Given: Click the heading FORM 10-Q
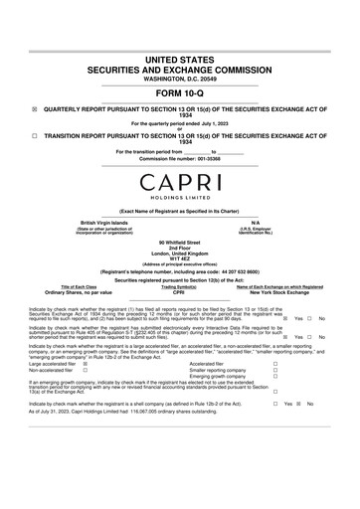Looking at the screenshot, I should coord(179,93).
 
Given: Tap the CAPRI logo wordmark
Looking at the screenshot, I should coord(179,184).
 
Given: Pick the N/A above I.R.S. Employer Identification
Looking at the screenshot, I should coord(256,222).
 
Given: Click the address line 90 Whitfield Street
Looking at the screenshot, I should coord(179,241).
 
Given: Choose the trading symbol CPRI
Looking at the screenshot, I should coord(179,293).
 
